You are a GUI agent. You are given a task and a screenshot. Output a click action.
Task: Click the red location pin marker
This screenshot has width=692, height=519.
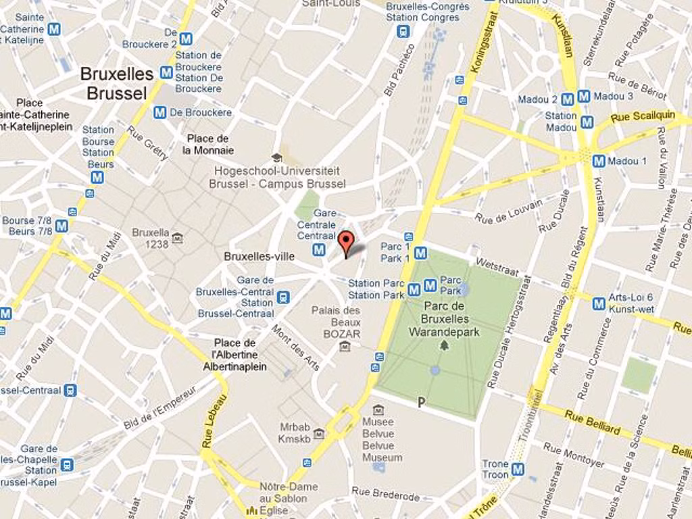point(345,242)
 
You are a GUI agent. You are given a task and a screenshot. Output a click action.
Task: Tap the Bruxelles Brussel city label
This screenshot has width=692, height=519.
point(116,83)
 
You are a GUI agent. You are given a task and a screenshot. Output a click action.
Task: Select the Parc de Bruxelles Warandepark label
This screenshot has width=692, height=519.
point(444,319)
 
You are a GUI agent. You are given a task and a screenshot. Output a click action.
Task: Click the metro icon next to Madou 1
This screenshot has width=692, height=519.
point(598,161)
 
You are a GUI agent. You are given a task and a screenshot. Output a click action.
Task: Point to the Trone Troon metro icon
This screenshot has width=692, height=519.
point(518,469)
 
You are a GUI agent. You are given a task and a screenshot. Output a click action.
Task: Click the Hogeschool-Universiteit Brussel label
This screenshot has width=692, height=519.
point(276,177)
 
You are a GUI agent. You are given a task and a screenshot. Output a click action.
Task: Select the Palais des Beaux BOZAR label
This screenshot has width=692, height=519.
point(336,322)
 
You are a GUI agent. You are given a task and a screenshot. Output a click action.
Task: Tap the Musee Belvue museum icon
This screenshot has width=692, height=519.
point(378,410)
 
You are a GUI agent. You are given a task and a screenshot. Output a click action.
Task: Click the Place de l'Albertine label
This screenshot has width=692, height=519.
point(234,355)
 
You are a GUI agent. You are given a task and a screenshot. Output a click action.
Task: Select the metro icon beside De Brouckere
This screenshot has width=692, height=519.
point(159,112)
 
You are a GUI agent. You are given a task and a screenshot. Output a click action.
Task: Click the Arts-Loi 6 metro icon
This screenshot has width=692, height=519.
point(598,303)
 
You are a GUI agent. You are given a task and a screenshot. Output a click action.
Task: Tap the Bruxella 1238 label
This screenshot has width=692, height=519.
point(151,238)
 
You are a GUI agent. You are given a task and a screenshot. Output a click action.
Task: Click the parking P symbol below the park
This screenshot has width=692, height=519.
point(422,403)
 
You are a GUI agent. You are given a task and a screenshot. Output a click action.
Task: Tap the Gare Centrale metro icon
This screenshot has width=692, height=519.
point(319,250)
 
